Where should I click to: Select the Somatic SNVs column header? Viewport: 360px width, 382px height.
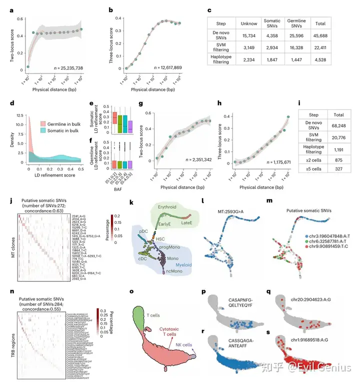click(272, 23)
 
